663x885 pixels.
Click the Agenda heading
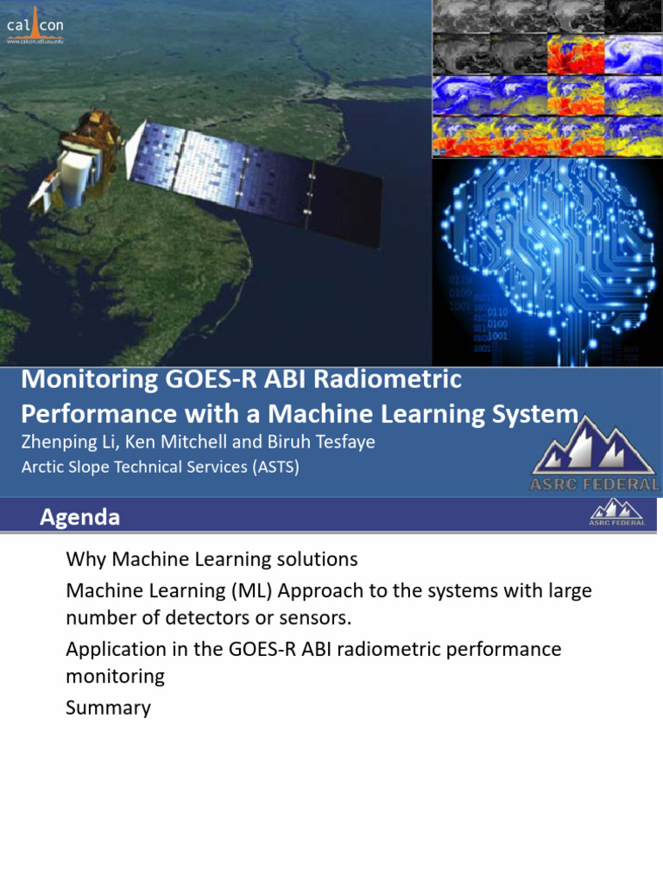79,518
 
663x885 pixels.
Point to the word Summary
108,708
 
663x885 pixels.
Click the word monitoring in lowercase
115,676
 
